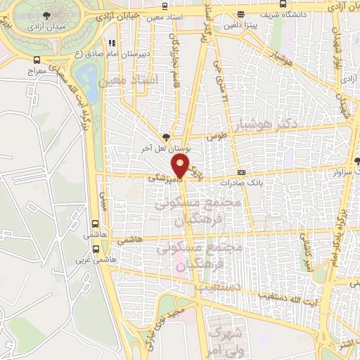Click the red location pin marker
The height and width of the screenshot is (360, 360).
[180, 166]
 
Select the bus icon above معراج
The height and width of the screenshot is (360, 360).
[36, 61]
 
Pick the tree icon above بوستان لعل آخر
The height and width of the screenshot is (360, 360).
[166, 137]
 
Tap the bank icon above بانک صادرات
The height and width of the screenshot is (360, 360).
[241, 172]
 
